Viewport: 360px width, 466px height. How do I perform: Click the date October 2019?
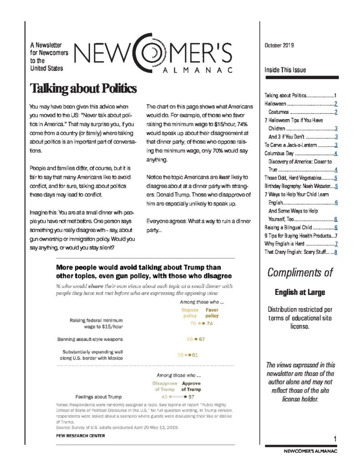[279, 45]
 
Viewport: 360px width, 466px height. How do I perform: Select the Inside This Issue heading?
[285, 70]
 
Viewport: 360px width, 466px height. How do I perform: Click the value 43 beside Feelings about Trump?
[165, 397]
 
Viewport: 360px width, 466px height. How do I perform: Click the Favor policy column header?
[212, 313]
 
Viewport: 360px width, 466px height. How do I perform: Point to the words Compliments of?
[300, 273]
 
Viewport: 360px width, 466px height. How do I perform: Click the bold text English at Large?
[300, 292]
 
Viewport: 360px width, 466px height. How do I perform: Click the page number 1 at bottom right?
[335, 438]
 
